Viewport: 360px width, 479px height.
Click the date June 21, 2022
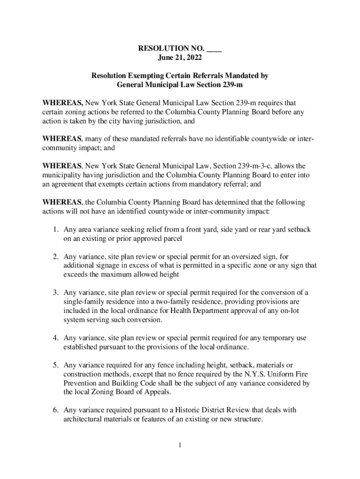pyautogui.click(x=180, y=57)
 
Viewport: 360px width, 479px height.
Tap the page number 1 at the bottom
pyautogui.click(x=180, y=444)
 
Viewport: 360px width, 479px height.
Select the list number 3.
pyautogui.click(x=55, y=293)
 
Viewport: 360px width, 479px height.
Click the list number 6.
pyautogui.click(x=55, y=410)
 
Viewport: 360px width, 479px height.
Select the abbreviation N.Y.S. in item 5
pyautogui.click(x=257, y=374)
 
